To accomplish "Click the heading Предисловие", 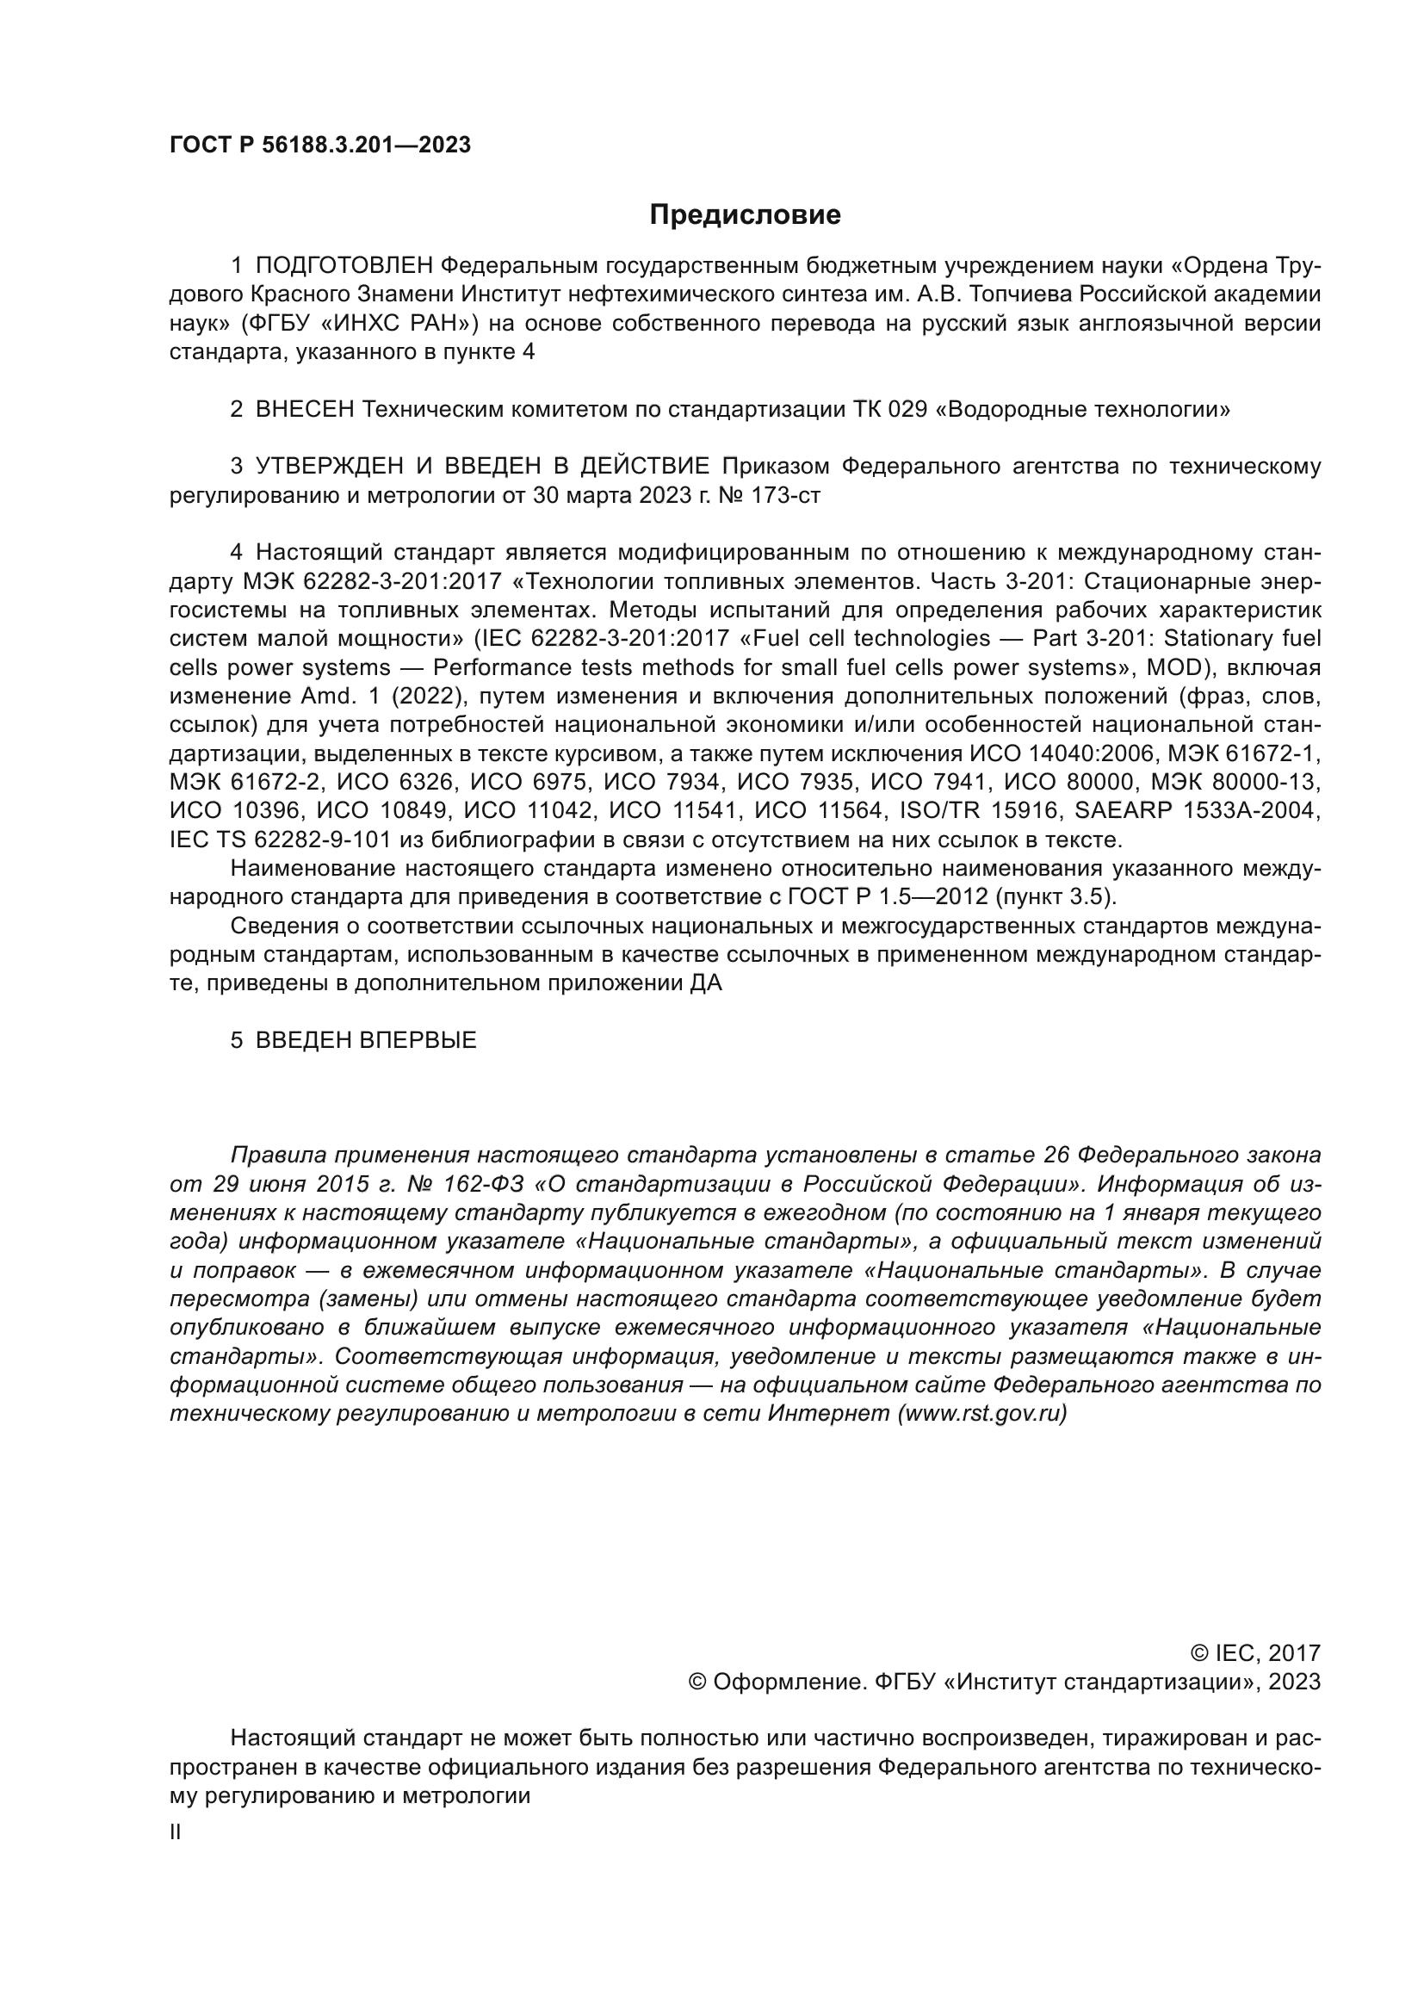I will click(x=745, y=215).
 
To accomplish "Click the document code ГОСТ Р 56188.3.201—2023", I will click(x=320, y=145).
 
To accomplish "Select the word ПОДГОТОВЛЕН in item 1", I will click(x=344, y=266).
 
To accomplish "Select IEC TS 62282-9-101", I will click(x=280, y=840).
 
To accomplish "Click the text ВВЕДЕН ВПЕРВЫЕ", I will click(x=366, y=1040).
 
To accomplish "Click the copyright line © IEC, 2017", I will click(x=1254, y=1653).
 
